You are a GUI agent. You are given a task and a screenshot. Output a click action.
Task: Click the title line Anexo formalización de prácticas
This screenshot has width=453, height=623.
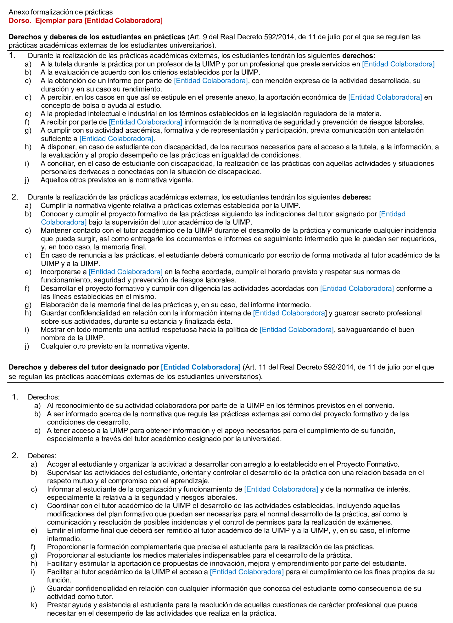[60, 12]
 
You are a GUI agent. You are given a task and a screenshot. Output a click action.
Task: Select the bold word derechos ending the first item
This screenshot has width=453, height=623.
[357, 56]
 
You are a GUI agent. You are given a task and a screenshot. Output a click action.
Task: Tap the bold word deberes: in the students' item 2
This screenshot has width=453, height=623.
[356, 197]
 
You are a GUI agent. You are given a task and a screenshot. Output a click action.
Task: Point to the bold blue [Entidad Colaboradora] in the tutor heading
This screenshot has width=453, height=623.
[201, 367]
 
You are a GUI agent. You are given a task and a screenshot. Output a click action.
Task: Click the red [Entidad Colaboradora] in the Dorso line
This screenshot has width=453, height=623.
[124, 21]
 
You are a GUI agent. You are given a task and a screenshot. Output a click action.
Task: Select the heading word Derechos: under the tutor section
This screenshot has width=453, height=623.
[44, 397]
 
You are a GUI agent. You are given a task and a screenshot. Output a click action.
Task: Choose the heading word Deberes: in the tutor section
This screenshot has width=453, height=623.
[42, 456]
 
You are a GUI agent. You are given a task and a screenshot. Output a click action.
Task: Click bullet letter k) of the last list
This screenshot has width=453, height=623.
[34, 605]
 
